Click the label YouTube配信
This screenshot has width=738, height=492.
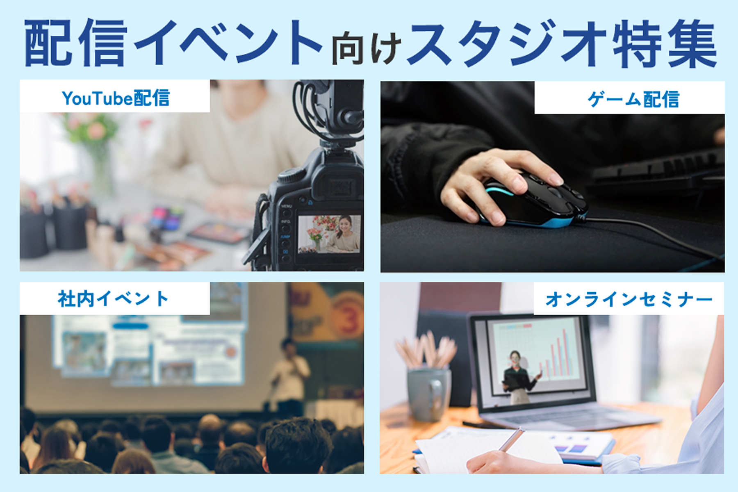tap(116, 98)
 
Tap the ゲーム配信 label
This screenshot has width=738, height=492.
tap(633, 99)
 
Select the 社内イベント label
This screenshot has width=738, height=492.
tap(113, 298)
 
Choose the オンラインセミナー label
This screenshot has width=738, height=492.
tap(629, 299)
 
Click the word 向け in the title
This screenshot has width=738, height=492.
tap(366, 49)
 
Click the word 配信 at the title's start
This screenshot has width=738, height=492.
tap(76, 43)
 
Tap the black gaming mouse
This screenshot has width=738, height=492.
tap(533, 201)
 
